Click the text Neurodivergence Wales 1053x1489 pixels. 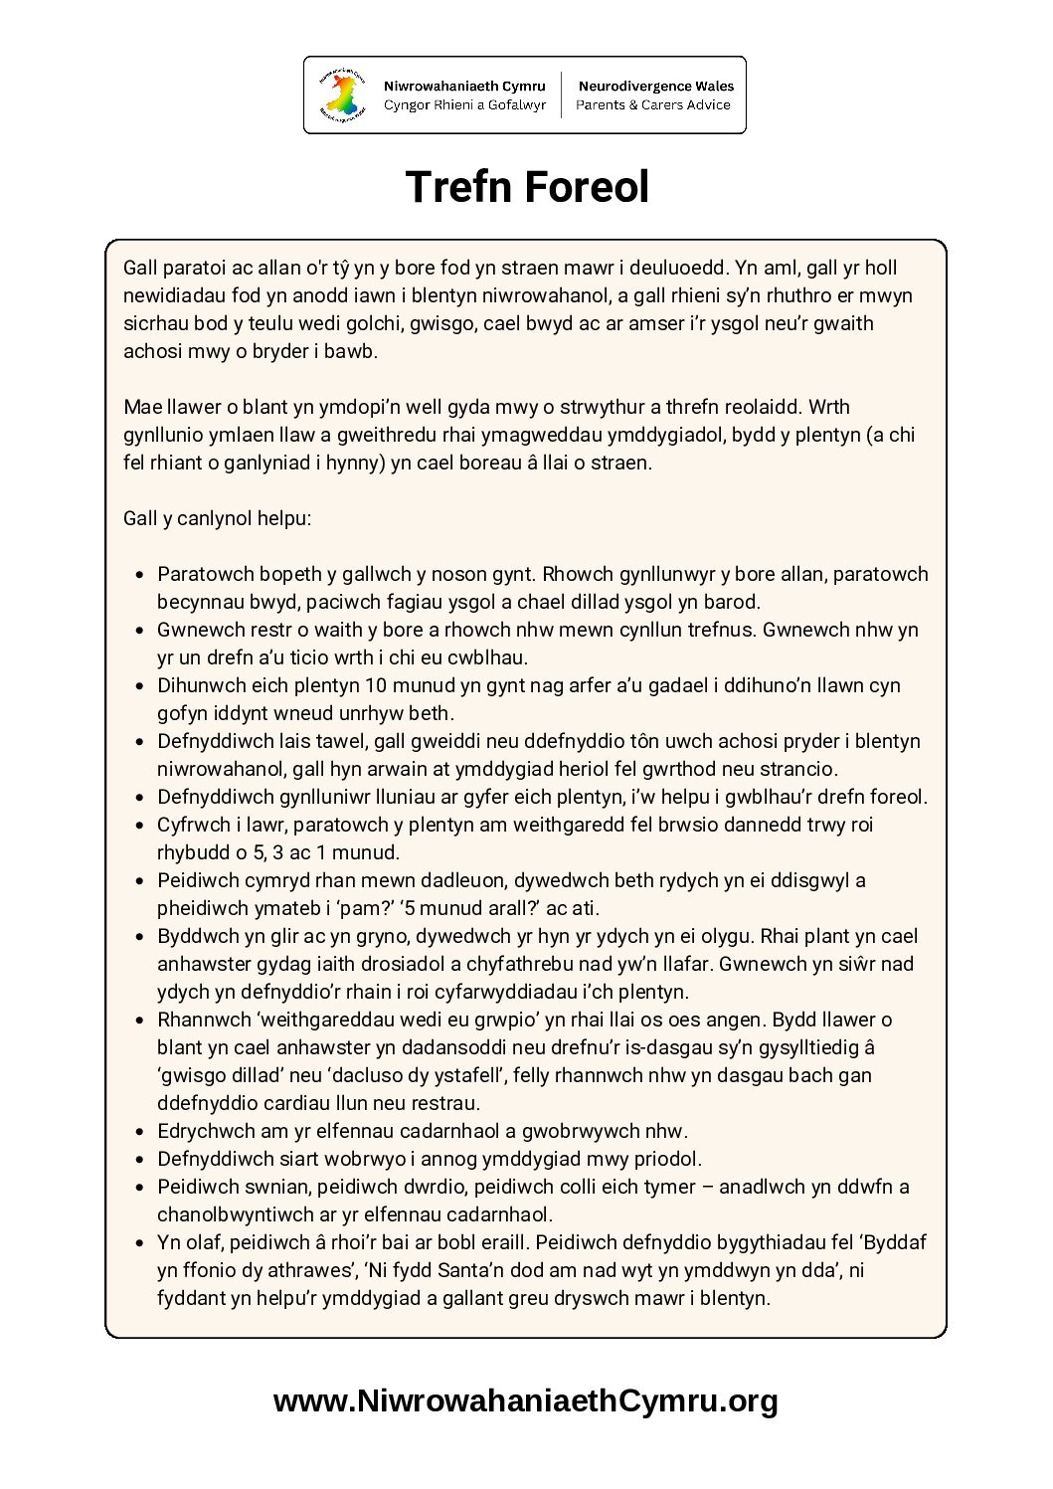tap(655, 87)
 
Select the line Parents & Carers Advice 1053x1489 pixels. tap(653, 105)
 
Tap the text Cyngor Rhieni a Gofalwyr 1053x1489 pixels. tap(464, 105)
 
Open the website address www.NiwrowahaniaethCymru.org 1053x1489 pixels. tap(526, 1401)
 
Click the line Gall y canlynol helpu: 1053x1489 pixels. tap(218, 518)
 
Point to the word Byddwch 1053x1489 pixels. tap(198, 936)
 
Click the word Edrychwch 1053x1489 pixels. tap(203, 1131)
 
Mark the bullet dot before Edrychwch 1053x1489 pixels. tap(139, 1132)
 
